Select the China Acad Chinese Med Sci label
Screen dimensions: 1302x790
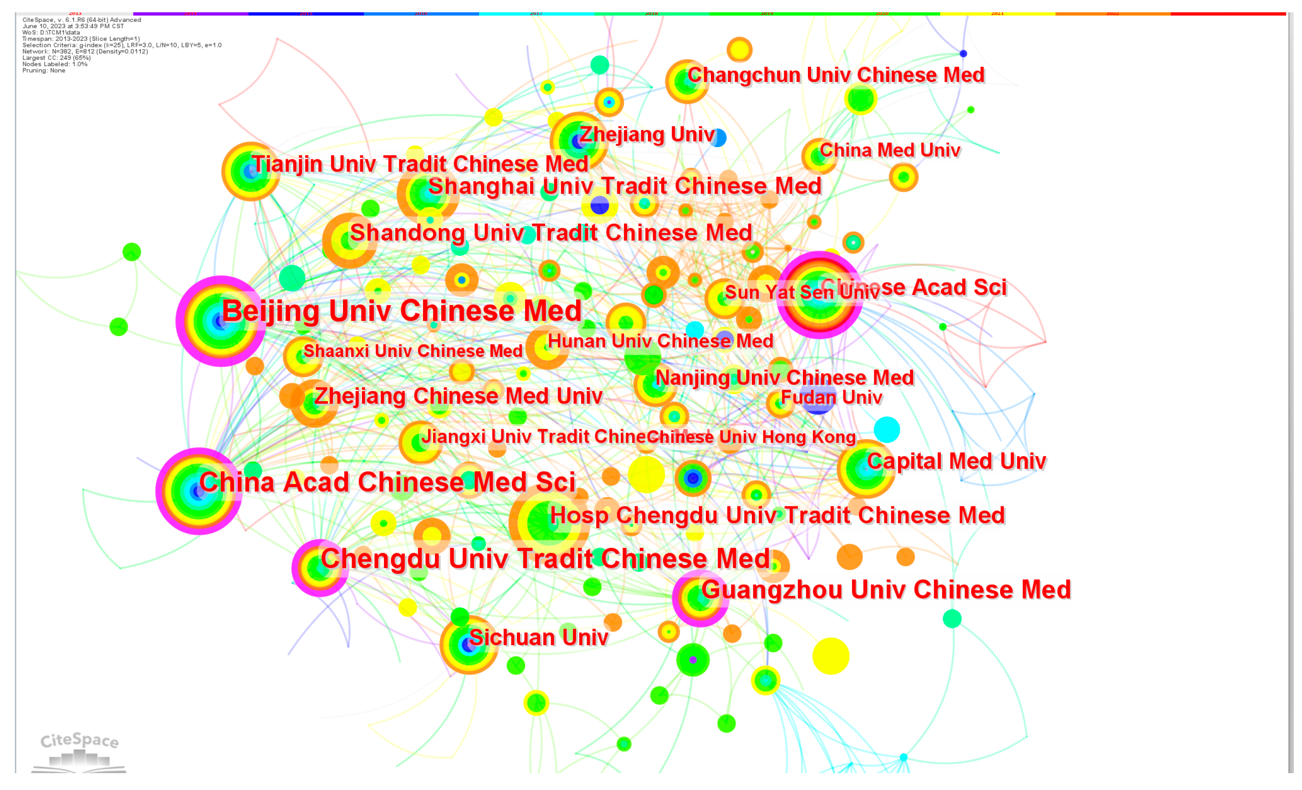click(388, 483)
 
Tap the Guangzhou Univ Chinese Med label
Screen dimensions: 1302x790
click(886, 590)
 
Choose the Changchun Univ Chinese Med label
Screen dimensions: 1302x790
click(836, 75)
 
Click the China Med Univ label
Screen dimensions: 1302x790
click(890, 151)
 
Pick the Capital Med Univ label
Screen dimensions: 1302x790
click(956, 461)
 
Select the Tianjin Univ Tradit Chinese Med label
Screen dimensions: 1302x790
click(420, 164)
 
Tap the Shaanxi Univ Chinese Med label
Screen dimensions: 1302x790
click(413, 351)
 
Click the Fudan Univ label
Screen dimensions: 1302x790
click(831, 398)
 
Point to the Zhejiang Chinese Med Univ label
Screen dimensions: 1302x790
click(458, 396)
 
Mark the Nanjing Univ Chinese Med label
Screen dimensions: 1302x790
click(784, 378)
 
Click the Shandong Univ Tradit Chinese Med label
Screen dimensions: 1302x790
click(551, 233)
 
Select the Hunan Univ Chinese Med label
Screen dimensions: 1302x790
click(660, 341)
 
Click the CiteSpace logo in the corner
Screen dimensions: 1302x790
click(79, 750)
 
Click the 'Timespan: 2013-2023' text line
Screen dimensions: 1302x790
click(81, 39)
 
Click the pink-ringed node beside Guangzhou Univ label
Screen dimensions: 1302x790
click(700, 599)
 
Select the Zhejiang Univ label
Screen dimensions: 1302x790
click(647, 135)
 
